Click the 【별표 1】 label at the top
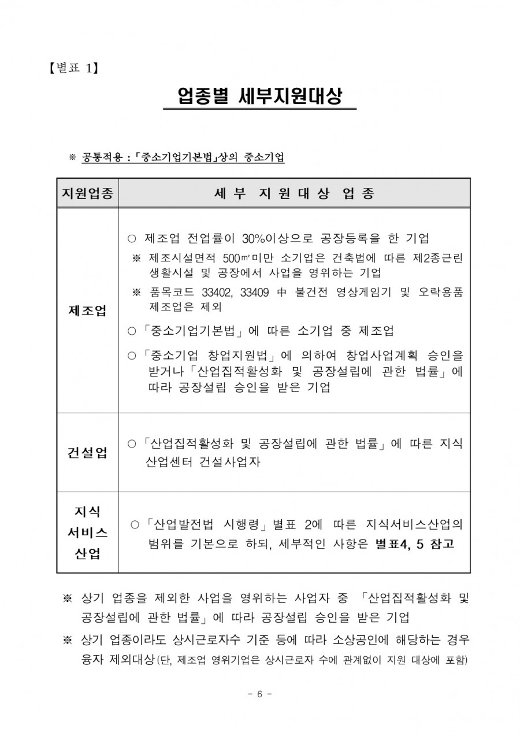74,69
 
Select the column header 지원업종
87,193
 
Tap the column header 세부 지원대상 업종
294,193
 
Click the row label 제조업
87,311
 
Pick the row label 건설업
87,453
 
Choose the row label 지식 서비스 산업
87,532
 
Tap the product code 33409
251,293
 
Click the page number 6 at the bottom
259,694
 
